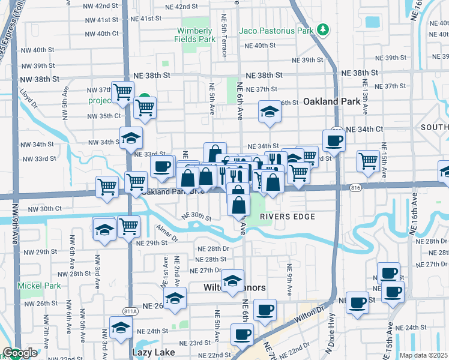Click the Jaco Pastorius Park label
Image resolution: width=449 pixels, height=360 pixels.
point(277,29)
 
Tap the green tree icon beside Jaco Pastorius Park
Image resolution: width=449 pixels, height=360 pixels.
point(323,29)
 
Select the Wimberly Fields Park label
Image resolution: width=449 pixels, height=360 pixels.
point(194,35)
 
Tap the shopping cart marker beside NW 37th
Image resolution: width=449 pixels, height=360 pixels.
point(122,92)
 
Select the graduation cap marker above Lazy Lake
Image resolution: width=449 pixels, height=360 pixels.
point(121,328)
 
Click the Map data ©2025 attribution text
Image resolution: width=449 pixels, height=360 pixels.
point(424,355)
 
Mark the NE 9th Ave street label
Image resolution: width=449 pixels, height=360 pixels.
point(289,280)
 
